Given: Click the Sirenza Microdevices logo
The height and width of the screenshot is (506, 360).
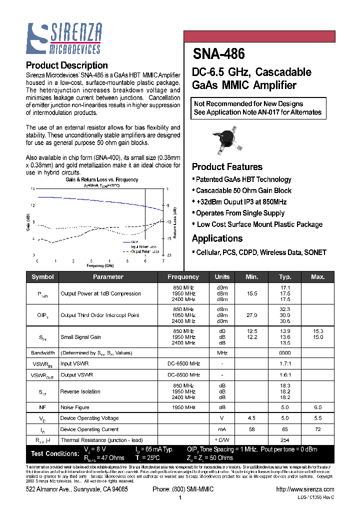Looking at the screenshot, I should click(64, 38).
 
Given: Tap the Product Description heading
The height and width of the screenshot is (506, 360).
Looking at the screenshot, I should click(66, 65).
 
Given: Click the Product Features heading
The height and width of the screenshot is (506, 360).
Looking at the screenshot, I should click(227, 167).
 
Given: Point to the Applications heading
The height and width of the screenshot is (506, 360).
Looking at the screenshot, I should click(217, 238).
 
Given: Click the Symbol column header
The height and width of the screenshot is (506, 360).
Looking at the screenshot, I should click(42, 277).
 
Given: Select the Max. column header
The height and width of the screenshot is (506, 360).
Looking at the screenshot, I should click(317, 277).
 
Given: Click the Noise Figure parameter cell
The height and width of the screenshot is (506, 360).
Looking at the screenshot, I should click(74, 407).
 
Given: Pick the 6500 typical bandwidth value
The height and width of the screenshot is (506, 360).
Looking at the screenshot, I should click(285, 353).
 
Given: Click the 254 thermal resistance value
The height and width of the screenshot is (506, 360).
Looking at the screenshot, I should click(285, 440).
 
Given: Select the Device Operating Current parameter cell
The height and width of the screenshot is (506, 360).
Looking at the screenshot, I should click(89, 429).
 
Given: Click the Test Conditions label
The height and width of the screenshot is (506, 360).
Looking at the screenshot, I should click(55, 453).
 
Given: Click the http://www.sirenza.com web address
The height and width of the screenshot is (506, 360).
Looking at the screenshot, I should click(304, 489).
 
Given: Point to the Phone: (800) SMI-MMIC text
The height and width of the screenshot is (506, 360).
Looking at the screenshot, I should click(183, 489).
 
